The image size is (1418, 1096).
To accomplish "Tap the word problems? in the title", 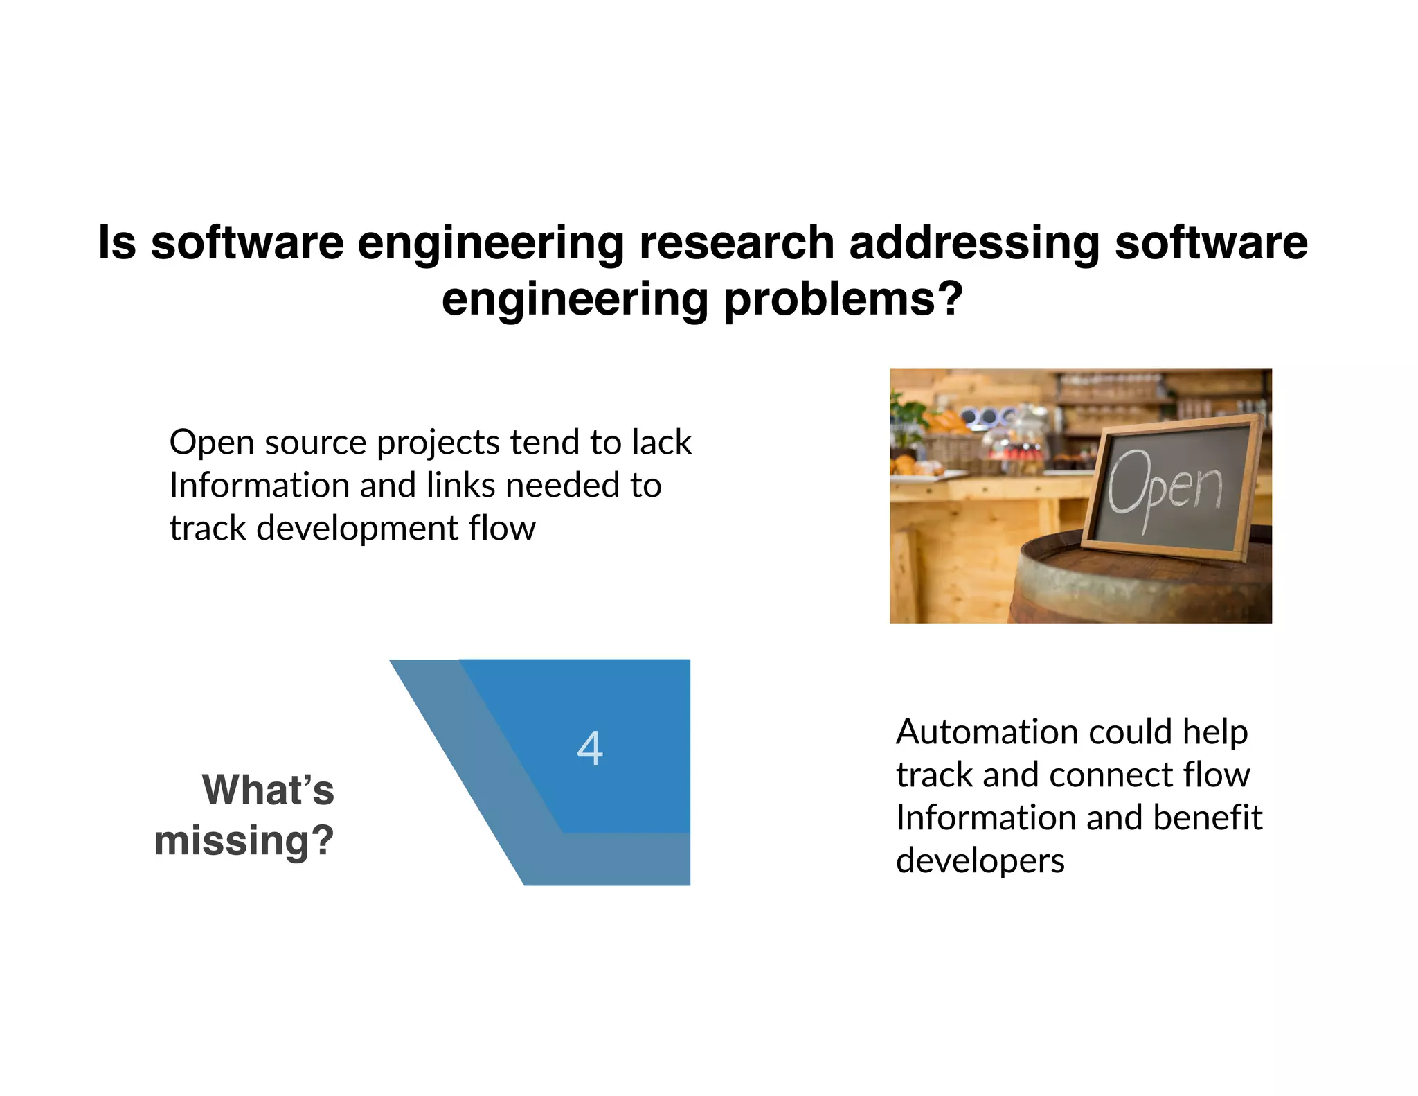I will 843,299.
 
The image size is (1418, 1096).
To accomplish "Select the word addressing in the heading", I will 973,243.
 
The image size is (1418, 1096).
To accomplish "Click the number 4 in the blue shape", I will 590,749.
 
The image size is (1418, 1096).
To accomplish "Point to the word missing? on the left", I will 244,840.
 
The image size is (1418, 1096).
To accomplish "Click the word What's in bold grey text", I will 268,790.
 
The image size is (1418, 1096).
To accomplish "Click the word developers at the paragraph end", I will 980,860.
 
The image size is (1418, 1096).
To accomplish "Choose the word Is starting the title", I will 117,243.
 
